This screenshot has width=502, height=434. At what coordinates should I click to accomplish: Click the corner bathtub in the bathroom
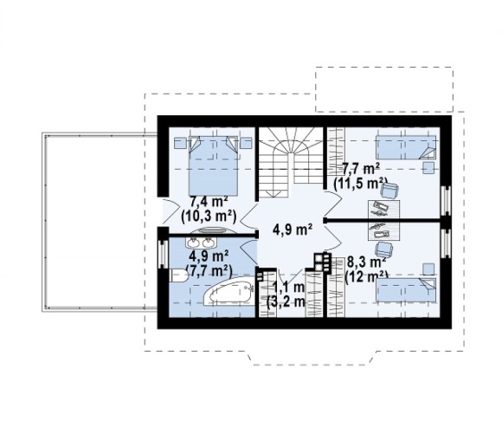(x=228, y=292)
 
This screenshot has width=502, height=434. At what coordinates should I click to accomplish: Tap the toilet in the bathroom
(x=178, y=275)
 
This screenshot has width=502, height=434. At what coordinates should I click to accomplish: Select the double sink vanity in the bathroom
(x=201, y=243)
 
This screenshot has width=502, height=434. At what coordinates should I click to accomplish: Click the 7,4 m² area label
(x=209, y=202)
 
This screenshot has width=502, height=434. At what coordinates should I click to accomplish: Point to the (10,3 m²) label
(x=209, y=217)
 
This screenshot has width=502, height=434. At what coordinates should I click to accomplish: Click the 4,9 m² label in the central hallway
(x=293, y=230)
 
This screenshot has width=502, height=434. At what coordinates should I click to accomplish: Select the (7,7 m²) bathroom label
(x=209, y=271)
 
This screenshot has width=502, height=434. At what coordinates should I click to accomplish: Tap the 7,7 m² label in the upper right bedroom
(x=361, y=168)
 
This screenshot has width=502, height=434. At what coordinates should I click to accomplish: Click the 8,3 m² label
(x=366, y=262)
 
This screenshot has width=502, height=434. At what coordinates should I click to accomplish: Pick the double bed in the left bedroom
(x=214, y=165)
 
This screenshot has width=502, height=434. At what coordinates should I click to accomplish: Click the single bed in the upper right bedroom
(x=406, y=147)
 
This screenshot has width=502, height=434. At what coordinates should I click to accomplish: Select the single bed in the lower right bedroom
(x=406, y=290)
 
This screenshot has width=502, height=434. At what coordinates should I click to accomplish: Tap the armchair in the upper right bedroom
(x=389, y=191)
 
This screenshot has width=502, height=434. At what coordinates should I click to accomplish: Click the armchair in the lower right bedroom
(x=384, y=249)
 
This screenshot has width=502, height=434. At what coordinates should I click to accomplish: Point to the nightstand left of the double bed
(x=180, y=143)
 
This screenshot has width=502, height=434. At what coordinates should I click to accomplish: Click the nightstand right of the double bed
(x=246, y=143)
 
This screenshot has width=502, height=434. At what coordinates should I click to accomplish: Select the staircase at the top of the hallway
(x=290, y=162)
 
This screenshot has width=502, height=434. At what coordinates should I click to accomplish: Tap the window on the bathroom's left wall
(x=163, y=254)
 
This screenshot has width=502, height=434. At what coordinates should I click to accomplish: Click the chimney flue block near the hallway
(x=321, y=262)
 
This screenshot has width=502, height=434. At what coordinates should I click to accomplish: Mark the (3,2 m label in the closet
(x=286, y=301)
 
